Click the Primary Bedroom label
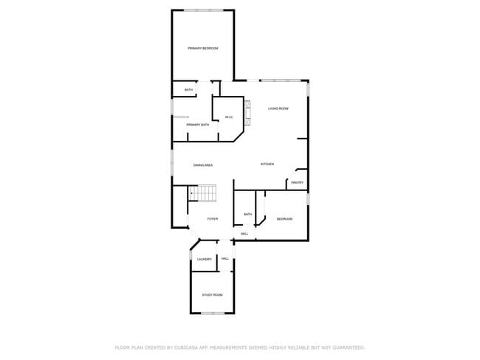(203, 49)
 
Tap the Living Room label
(278, 108)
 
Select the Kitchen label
(267, 164)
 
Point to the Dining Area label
(203, 165)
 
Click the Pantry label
(297, 182)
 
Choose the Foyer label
(213, 219)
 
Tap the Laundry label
(205, 259)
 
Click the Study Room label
(213, 295)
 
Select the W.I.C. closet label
(229, 117)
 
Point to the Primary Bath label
(198, 125)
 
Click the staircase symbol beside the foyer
(203, 193)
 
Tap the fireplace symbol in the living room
(248, 113)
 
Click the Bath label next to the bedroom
(248, 215)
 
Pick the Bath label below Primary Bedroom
(189, 90)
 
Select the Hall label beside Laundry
(225, 259)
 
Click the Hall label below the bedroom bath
(244, 234)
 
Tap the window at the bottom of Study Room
(213, 314)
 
